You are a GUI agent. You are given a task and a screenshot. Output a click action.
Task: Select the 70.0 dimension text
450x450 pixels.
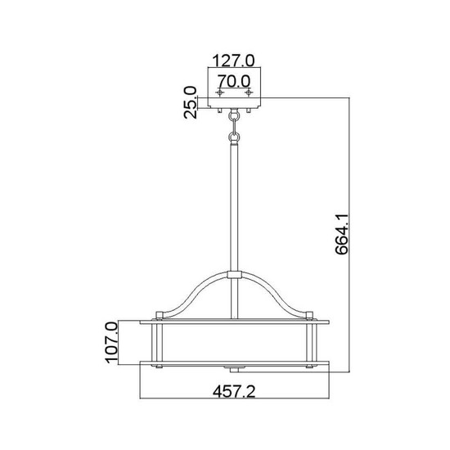click(x=235, y=81)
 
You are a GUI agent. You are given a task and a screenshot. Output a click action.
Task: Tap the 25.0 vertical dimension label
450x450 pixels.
click(x=191, y=103)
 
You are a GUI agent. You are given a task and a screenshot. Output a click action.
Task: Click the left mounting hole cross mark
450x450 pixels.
click(x=219, y=93)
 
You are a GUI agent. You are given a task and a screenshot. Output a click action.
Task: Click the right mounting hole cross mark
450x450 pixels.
click(x=250, y=93)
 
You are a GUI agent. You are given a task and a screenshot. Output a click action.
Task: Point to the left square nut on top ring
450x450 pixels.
click(x=160, y=314)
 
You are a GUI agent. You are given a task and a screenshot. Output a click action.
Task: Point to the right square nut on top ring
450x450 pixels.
click(x=309, y=314)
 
